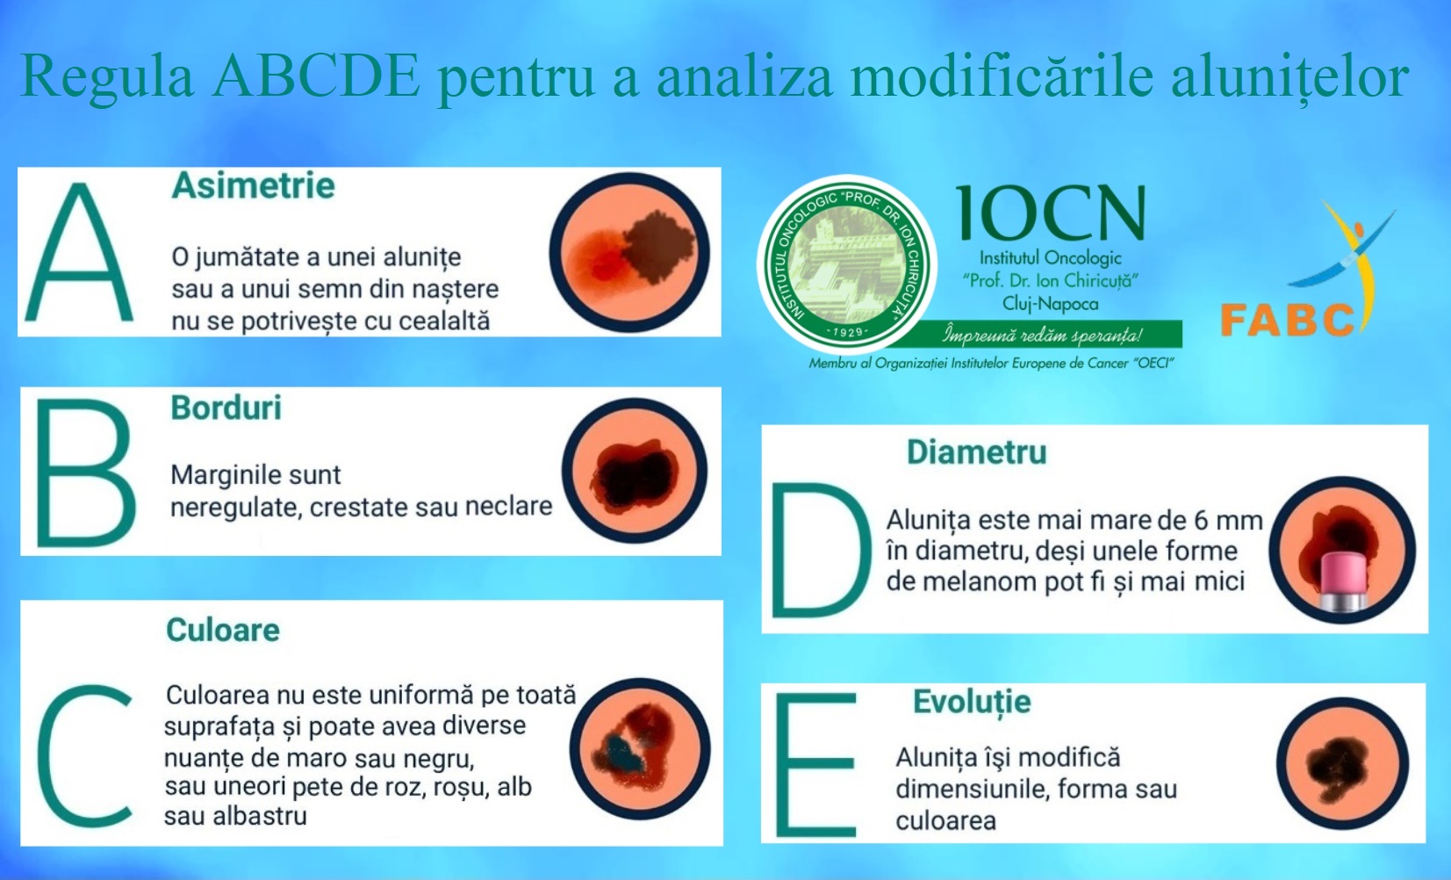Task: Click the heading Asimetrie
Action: [254, 186]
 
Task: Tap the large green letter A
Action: [79, 253]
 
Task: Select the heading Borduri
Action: [226, 408]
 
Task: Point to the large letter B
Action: [85, 472]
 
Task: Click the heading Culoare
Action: [223, 630]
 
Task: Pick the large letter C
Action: [85, 755]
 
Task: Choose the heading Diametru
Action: [976, 452]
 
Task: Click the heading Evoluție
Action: [972, 703]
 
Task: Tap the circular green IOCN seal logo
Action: [846, 264]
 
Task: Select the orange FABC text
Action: [1287, 320]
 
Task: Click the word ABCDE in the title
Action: [316, 76]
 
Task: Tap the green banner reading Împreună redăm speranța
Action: [1042, 335]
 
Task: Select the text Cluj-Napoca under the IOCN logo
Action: [1050, 304]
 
